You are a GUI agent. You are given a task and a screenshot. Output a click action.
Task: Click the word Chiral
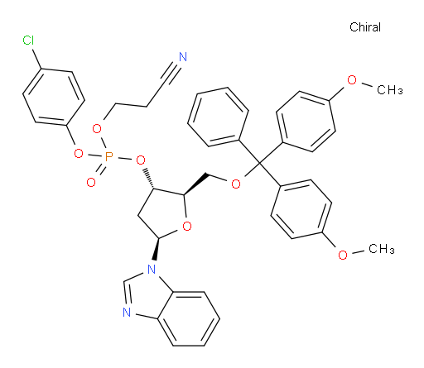pos(365,27)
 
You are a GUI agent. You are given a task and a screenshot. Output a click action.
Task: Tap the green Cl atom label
pos(28,41)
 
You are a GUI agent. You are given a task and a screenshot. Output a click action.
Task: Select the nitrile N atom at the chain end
pos(183,57)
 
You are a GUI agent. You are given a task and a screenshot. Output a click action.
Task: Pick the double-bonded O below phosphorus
pos(91,182)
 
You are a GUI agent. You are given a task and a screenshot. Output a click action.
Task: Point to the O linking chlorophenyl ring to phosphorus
pos(79,153)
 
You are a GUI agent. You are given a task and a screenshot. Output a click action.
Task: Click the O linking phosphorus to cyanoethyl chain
pos(97,128)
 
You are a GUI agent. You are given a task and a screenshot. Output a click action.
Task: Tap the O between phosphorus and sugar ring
pos(141,160)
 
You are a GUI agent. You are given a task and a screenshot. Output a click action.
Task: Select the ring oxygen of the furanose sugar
pos(187,227)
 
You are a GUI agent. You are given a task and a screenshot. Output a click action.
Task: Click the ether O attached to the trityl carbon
pos(236,184)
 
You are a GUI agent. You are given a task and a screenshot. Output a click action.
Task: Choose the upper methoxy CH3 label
pos(390,90)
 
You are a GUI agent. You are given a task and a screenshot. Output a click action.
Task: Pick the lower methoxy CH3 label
pos(382,249)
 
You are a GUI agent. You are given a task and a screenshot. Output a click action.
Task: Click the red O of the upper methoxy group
pos(352,80)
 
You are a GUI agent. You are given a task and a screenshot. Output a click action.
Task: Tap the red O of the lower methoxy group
pos(343,255)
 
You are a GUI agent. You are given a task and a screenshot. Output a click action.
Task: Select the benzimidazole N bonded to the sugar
pos(152,269)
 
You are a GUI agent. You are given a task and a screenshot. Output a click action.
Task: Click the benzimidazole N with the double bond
pos(127,313)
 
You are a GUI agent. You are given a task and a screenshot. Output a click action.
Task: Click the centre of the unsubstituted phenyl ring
pos(218,117)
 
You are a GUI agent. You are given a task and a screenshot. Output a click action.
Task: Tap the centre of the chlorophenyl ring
pos(54,97)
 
